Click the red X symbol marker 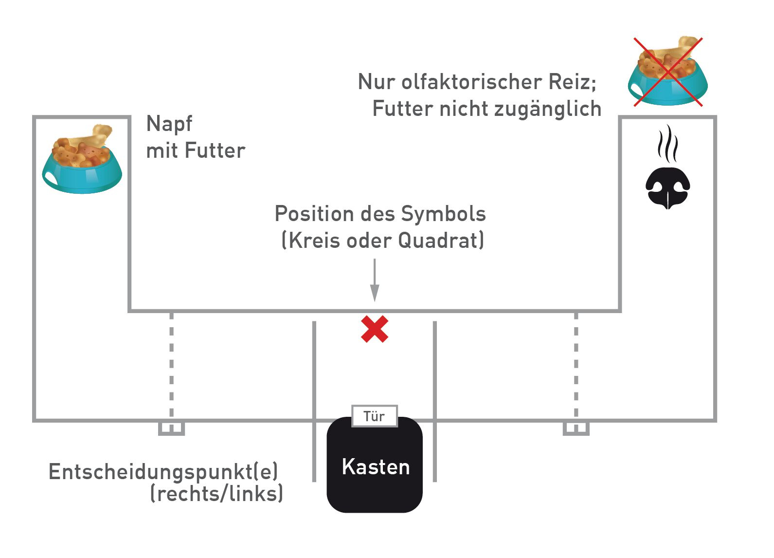(375, 329)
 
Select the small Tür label (375, 416)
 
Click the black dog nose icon (668, 187)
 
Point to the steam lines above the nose (667, 144)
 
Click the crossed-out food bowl (668, 72)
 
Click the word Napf (169, 125)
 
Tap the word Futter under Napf (215, 151)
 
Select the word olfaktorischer (471, 82)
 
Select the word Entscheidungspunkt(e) (163, 472)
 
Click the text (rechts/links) (217, 494)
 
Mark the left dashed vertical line (172, 365)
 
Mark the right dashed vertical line (576, 365)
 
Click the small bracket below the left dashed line (172, 428)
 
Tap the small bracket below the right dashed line (576, 428)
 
